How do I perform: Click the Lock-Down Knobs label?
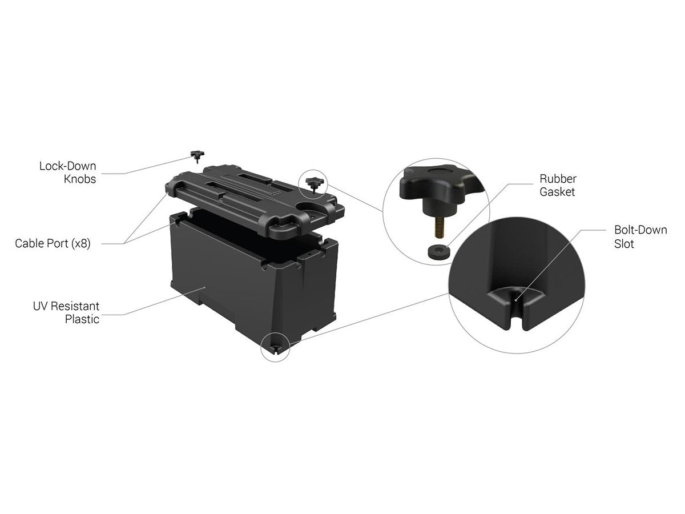[68, 172]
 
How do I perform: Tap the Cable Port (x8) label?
[53, 243]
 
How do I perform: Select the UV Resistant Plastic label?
[66, 312]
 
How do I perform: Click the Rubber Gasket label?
[558, 185]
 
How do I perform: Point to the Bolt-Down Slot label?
[640, 237]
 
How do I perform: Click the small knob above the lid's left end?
[198, 156]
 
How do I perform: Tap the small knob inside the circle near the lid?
[313, 184]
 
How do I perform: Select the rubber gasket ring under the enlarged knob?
[438, 252]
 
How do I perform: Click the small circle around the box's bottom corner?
[276, 347]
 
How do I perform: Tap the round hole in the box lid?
[307, 207]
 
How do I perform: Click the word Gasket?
[557, 192]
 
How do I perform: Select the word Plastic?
[82, 319]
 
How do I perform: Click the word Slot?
[624, 244]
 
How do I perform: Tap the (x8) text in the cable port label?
[81, 243]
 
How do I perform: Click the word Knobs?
[80, 179]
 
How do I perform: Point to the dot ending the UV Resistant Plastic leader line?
[205, 287]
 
